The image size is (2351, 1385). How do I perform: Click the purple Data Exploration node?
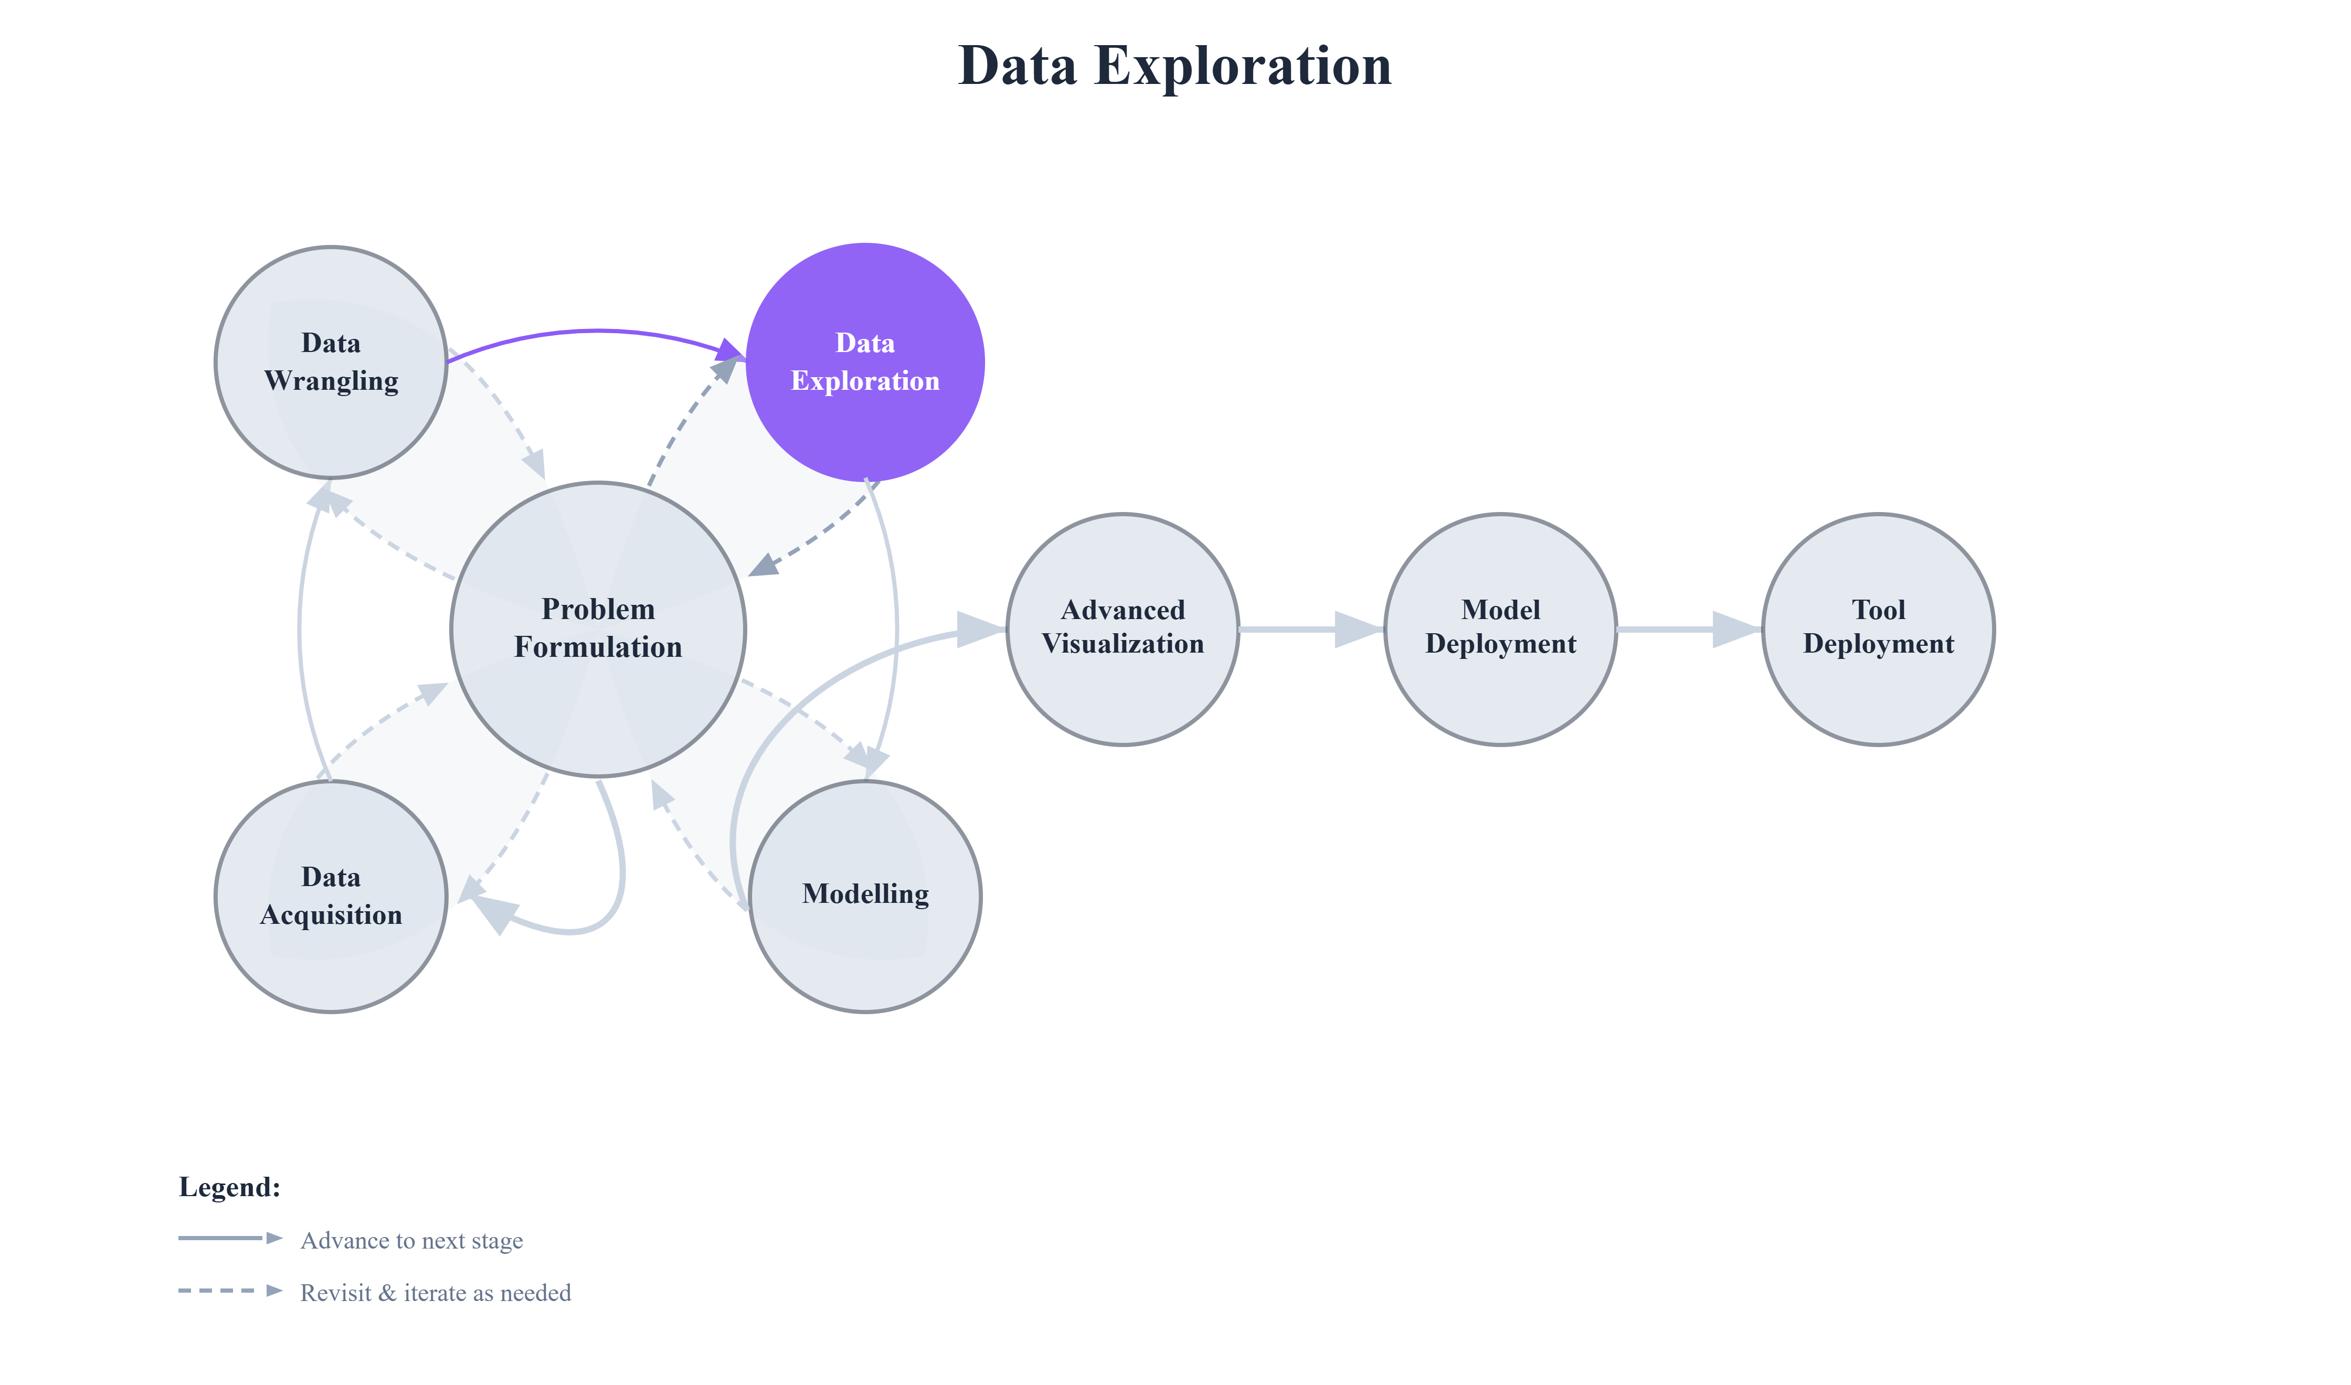[x=865, y=362]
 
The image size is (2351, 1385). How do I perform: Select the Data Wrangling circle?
[x=331, y=362]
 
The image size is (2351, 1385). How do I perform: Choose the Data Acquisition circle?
[x=331, y=896]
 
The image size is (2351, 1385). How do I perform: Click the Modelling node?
[x=865, y=896]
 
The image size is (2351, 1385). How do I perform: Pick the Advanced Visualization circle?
[x=1123, y=628]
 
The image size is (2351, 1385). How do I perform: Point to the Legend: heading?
[x=230, y=1187]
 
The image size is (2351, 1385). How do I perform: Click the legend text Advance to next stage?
[x=411, y=1240]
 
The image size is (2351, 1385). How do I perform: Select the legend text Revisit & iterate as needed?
[x=435, y=1293]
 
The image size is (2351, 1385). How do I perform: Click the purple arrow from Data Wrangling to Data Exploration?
[x=597, y=331]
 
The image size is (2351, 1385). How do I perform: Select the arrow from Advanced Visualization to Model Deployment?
[x=1307, y=629]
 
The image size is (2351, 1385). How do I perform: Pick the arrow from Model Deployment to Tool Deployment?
[x=1685, y=629]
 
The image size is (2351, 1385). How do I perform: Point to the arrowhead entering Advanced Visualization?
[x=980, y=627]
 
